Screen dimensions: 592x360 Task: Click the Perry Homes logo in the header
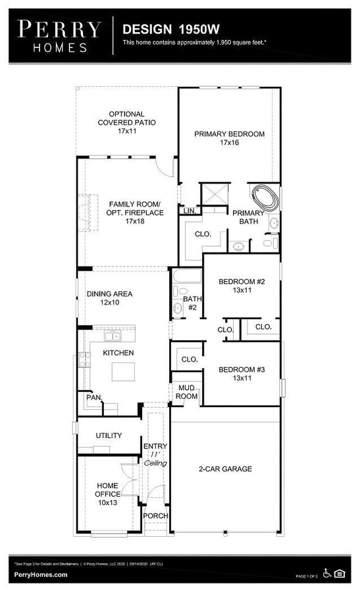click(59, 36)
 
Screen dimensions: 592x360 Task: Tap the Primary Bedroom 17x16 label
click(229, 138)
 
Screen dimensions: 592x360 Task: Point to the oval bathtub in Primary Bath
click(264, 197)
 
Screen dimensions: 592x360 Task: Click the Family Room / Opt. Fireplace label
click(127, 212)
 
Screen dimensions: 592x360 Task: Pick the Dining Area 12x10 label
click(109, 298)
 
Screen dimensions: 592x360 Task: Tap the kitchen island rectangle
click(122, 372)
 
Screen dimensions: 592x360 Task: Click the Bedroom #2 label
click(242, 285)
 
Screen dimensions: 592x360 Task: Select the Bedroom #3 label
click(242, 374)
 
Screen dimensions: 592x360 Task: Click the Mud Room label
click(187, 392)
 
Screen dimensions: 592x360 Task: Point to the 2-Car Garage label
click(225, 469)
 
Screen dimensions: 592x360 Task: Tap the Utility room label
click(109, 435)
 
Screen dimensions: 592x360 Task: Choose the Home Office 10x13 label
click(108, 493)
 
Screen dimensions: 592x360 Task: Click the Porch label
click(155, 516)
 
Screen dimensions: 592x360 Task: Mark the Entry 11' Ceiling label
click(155, 455)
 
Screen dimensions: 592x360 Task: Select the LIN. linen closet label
click(190, 211)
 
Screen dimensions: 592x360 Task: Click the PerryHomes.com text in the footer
click(41, 575)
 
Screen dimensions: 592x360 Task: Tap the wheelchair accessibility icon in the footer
click(327, 574)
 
